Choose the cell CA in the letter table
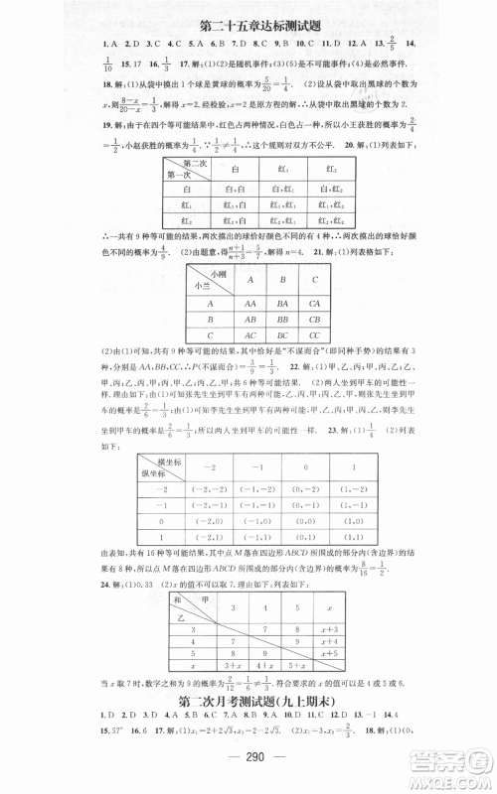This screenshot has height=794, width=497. click(314, 306)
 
